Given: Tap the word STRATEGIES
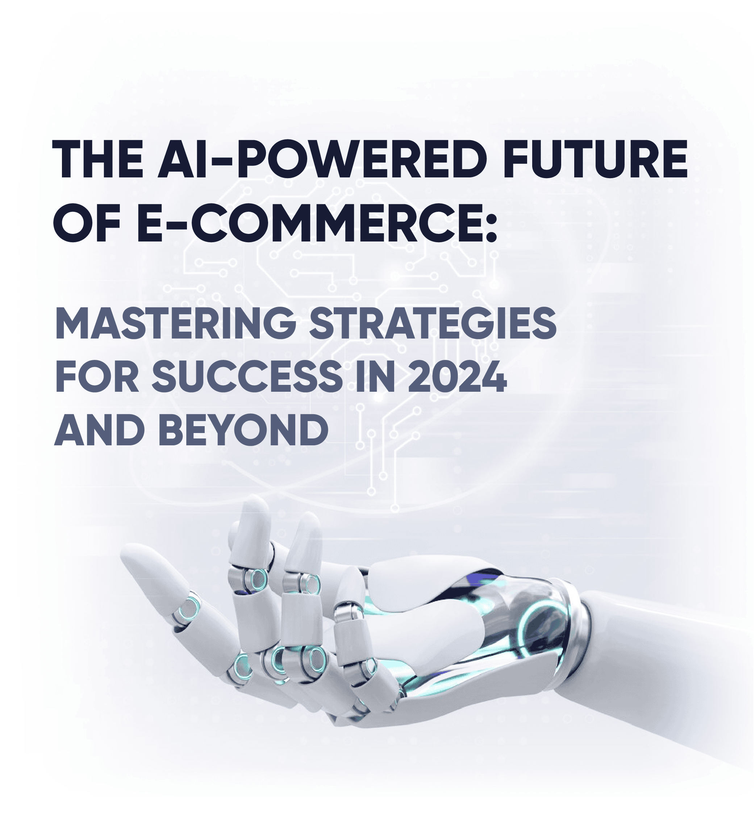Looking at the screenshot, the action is [433, 323].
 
